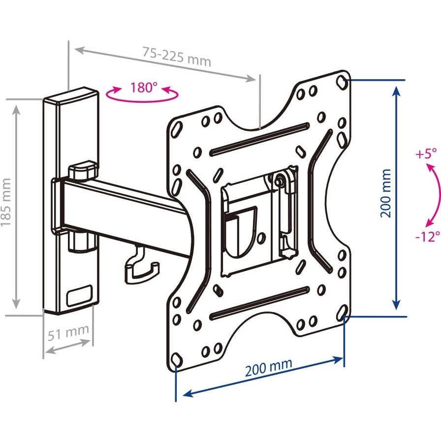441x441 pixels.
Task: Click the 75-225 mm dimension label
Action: (x=177, y=56)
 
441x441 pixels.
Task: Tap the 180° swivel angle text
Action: (x=144, y=88)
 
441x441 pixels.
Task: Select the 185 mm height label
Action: (x=6, y=202)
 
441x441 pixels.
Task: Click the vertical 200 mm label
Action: (x=386, y=193)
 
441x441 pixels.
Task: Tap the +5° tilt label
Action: (x=426, y=154)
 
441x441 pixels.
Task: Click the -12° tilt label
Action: (x=426, y=237)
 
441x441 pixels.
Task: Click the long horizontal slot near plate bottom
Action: (x=261, y=303)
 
